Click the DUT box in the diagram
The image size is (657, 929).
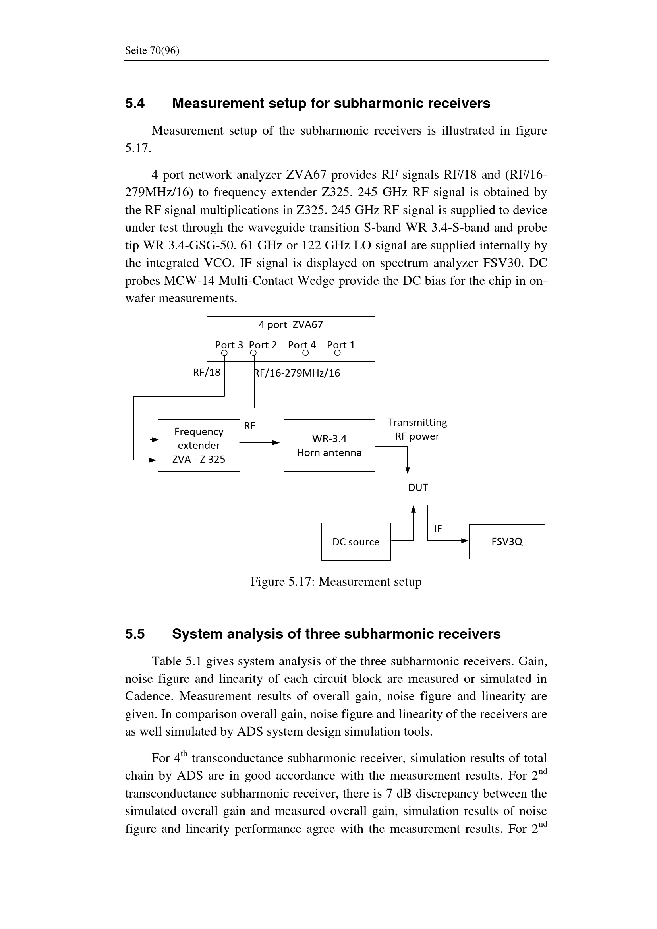point(418,488)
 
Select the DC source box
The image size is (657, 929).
point(356,542)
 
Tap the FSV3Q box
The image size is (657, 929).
point(506,542)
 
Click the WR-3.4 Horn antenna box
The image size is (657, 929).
point(329,446)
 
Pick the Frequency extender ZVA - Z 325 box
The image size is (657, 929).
point(199,446)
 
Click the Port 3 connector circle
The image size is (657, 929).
point(224,353)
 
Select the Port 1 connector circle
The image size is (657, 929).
point(338,353)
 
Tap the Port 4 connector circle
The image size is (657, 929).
point(306,353)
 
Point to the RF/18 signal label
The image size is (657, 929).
point(207,372)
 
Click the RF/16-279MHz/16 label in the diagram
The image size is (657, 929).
point(297,373)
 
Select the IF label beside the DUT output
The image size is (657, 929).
point(438,529)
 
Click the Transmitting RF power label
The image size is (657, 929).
point(417,429)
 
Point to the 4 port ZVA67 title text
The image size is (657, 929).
point(290,325)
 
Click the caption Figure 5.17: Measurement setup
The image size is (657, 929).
point(336,582)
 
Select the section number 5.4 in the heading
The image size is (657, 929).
point(135,104)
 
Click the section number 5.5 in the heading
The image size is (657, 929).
point(135,634)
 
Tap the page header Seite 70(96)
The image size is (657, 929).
point(152,50)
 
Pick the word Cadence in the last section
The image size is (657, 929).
point(149,696)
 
